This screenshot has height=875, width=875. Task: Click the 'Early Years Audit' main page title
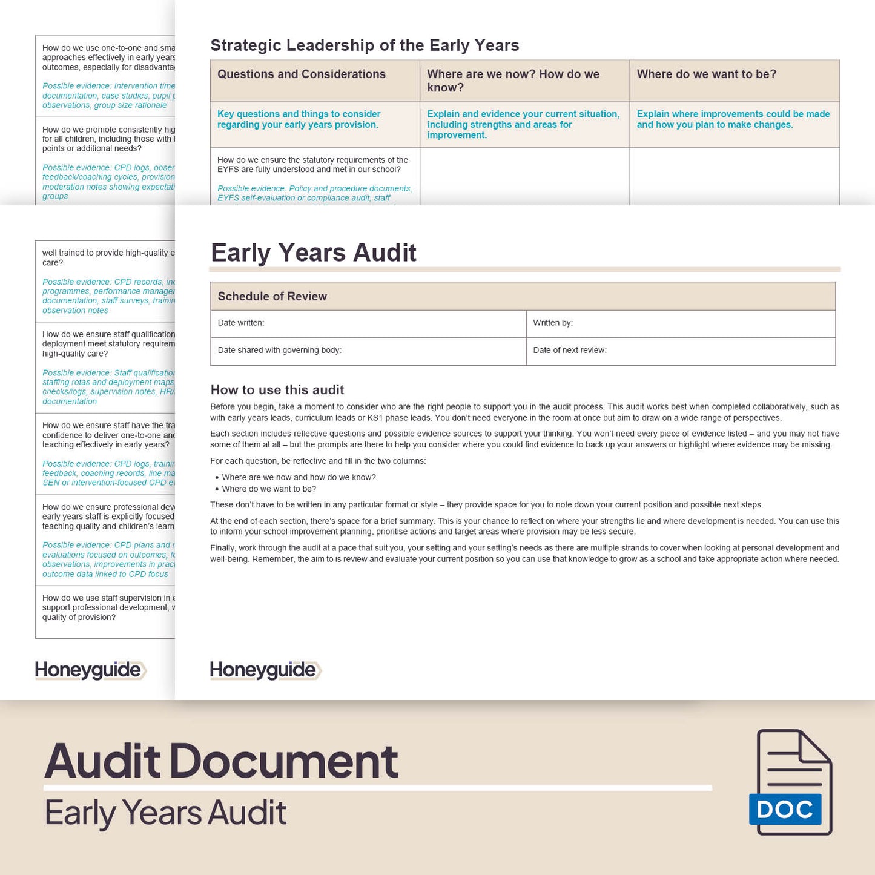313,253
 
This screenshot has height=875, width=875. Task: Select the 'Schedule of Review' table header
272,296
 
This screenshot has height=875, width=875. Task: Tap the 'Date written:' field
241,323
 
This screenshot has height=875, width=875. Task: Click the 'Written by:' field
553,323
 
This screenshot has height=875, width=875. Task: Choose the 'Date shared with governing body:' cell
279,350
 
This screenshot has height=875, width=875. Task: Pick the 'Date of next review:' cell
569,350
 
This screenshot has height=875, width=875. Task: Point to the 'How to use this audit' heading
277,390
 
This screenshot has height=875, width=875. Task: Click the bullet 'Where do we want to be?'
269,489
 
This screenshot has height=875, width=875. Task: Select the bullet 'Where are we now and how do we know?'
299,477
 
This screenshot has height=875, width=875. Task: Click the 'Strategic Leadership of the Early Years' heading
365,45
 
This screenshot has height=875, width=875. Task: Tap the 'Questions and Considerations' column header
301,74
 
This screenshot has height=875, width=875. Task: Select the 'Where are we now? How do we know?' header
513,81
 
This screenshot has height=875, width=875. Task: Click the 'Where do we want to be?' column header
706,74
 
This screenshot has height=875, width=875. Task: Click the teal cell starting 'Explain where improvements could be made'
733,119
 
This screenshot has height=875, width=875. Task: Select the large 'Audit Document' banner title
221,761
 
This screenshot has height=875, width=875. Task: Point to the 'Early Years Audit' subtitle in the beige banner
165,813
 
